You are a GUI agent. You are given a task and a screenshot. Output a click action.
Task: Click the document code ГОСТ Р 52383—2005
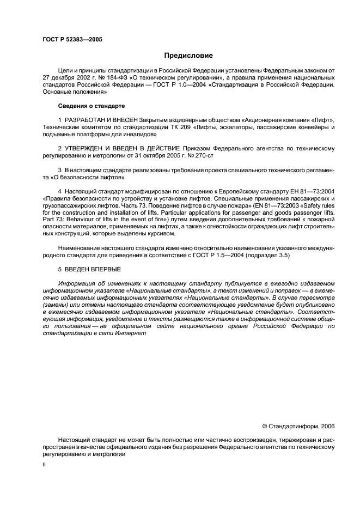[x=72, y=39]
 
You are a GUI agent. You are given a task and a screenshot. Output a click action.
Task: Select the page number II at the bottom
[x=45, y=466]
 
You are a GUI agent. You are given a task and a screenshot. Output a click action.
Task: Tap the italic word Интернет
[x=131, y=333]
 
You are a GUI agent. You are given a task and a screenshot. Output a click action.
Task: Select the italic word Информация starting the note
[x=77, y=283]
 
